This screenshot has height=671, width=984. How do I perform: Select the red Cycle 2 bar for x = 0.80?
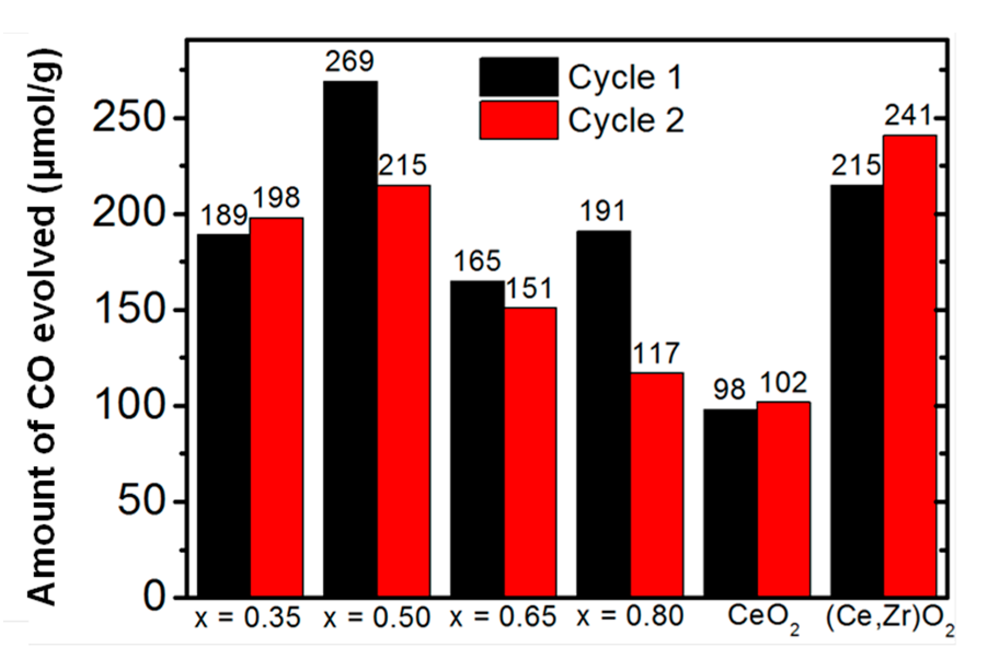click(x=657, y=484)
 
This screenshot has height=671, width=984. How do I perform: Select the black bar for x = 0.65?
click(x=477, y=438)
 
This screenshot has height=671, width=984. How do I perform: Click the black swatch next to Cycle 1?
click(x=518, y=77)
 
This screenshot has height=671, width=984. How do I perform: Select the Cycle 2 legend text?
click(x=626, y=120)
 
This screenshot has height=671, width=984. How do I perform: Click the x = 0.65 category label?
click(x=503, y=617)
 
